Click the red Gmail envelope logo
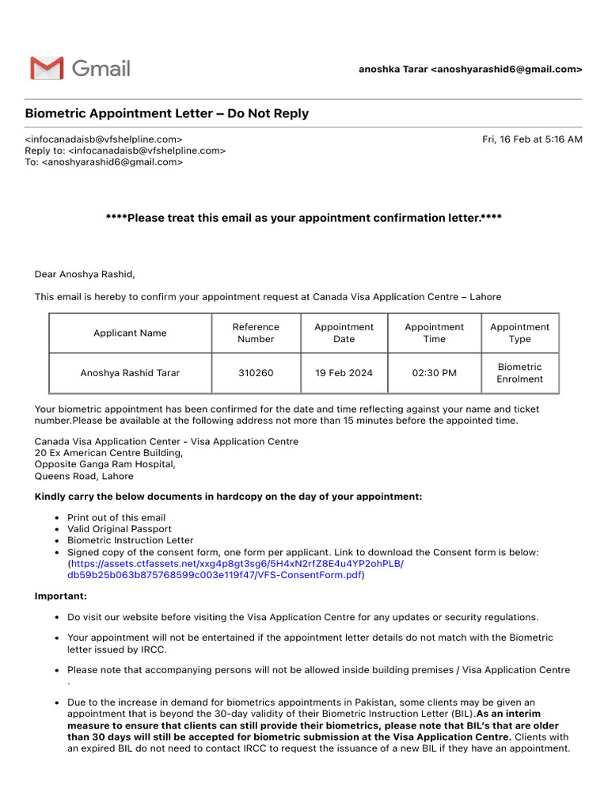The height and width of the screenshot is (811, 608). click(47, 69)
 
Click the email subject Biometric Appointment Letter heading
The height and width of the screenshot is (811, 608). click(167, 114)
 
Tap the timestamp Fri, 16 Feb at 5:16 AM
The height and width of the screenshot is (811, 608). click(532, 139)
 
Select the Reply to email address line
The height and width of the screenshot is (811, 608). click(125, 150)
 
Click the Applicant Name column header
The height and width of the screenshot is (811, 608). click(130, 333)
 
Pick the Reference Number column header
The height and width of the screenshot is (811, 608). click(256, 333)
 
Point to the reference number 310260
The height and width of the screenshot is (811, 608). click(256, 373)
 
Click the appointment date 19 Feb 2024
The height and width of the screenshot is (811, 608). click(344, 373)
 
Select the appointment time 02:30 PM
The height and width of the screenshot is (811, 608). click(434, 373)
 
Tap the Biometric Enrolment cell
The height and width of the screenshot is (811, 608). click(519, 373)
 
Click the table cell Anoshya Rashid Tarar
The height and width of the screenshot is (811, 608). click(130, 373)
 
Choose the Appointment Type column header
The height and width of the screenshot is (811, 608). click(519, 333)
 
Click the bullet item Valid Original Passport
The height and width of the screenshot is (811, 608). click(119, 529)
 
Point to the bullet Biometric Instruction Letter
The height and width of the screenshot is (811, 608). click(130, 541)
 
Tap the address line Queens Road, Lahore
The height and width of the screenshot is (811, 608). click(84, 477)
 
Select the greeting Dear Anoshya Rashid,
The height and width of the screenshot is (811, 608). click(85, 275)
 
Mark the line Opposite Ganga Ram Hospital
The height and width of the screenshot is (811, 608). click(104, 465)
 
